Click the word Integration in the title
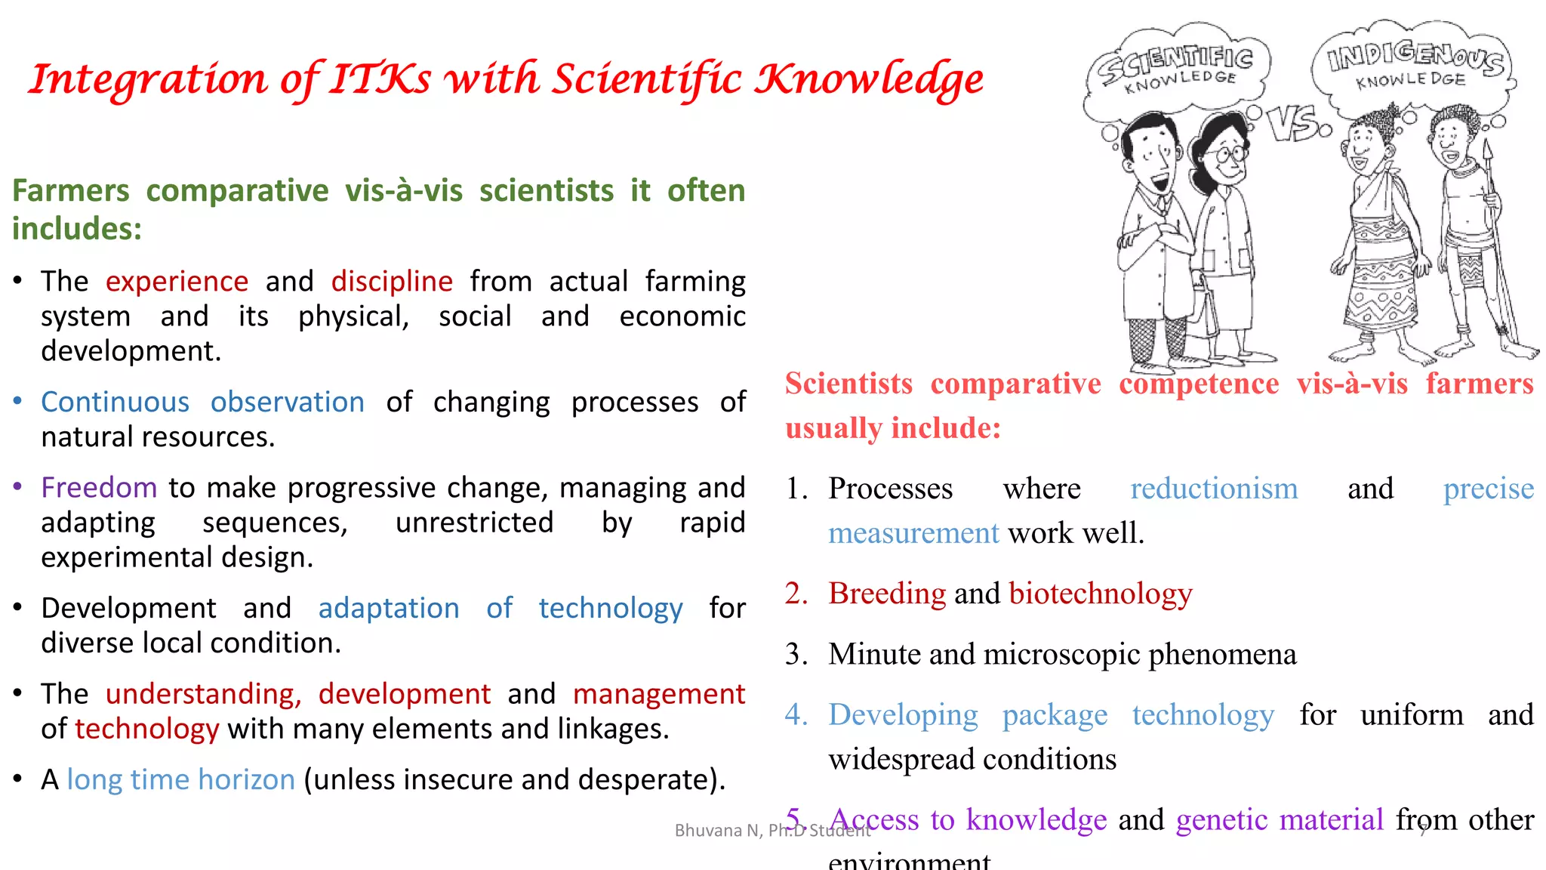(148, 80)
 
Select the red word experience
(177, 282)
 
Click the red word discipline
(392, 282)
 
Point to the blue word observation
(287, 403)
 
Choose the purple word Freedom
(99, 488)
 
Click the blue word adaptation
(389, 609)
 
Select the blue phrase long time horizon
(180, 779)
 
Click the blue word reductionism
(1213, 489)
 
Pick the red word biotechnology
(1100, 594)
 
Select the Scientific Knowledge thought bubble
(1178, 68)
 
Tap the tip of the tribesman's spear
(1488, 147)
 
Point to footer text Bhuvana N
(717, 831)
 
